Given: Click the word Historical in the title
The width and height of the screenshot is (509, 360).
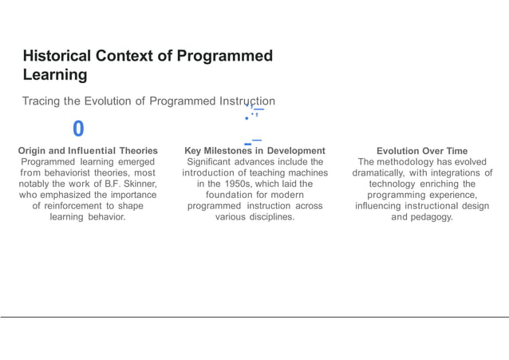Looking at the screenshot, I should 57,56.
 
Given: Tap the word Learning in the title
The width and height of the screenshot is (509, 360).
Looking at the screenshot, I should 55,75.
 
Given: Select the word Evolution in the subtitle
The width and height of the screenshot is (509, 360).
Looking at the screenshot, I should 105,101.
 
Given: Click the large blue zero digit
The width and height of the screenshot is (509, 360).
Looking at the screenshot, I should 77,129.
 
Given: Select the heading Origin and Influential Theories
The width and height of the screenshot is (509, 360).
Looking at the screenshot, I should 88,150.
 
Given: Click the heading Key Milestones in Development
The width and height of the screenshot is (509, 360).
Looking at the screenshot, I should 254,150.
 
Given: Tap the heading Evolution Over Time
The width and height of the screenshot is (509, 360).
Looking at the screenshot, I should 422,150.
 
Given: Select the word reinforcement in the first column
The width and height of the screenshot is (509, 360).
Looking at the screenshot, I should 85,205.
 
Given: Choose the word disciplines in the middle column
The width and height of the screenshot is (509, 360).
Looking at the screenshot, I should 269,216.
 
